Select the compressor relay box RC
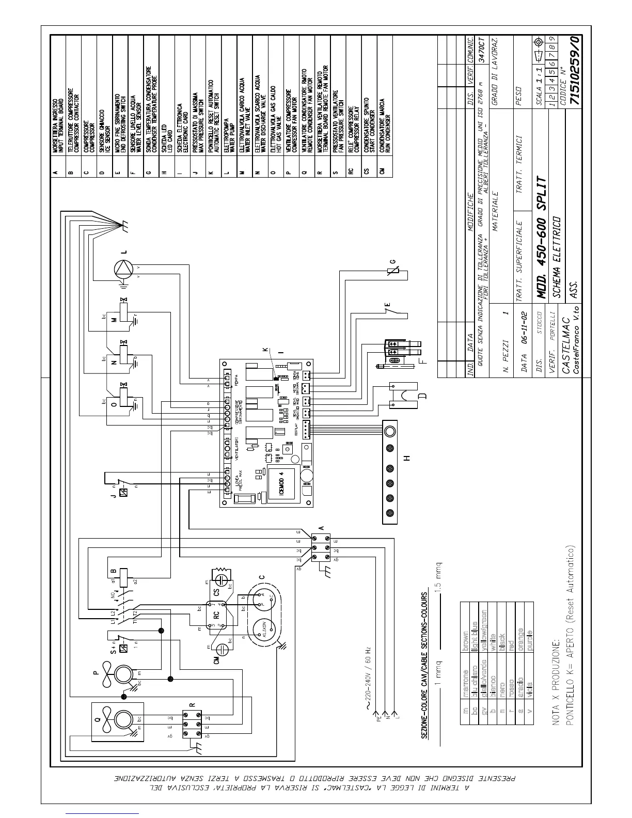[216, 615]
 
